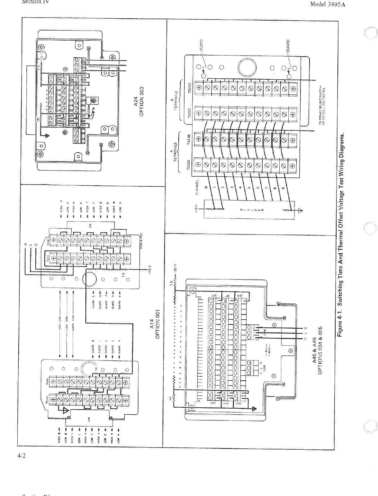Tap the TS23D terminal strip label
189,88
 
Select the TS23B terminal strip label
189,141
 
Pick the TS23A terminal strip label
189,167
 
